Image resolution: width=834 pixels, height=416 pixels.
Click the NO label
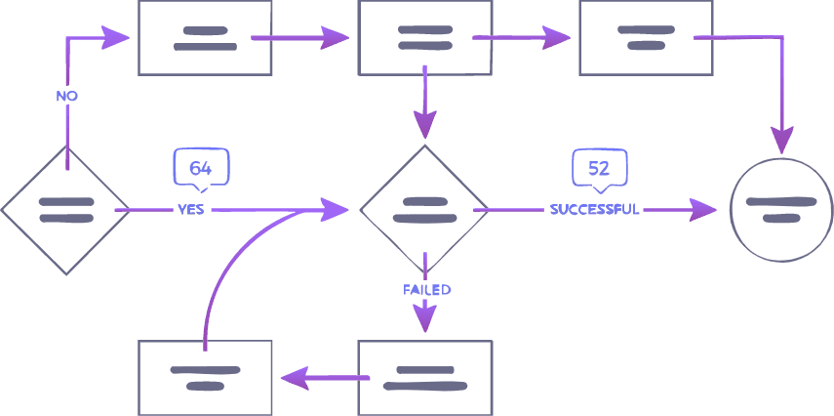tap(66, 96)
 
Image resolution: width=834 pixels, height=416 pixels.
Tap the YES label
tap(190, 209)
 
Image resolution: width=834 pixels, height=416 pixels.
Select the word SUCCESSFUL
tap(594, 209)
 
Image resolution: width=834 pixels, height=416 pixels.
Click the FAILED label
tap(426, 290)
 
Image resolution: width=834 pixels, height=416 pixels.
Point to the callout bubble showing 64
tap(201, 167)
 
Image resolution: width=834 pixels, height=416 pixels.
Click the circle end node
tap(780, 209)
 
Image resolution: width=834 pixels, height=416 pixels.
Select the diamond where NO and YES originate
tap(65, 209)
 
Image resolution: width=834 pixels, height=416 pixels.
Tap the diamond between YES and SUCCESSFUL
tap(424, 209)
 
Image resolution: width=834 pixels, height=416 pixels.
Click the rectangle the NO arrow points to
tap(205, 38)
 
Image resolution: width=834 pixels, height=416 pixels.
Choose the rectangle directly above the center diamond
tap(424, 38)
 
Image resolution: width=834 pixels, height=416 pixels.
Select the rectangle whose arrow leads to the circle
tap(645, 38)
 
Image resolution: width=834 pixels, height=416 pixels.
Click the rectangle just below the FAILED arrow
tap(424, 377)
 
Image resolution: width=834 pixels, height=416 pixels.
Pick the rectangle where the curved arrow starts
tap(205, 377)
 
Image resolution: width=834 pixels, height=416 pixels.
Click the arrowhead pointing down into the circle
tap(780, 139)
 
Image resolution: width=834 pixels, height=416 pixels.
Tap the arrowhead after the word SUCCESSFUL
tap(704, 209)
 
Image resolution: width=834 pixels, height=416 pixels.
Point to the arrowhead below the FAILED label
tap(424, 318)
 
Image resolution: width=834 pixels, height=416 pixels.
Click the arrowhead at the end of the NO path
tap(117, 38)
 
